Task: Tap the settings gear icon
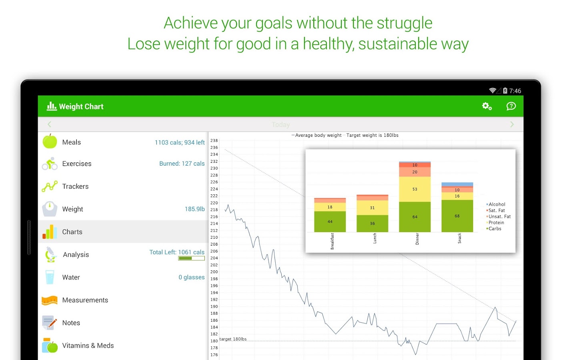(x=487, y=106)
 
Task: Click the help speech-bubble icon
(x=511, y=106)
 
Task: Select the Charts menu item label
(x=72, y=232)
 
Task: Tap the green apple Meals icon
(x=50, y=141)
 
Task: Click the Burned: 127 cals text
(x=182, y=164)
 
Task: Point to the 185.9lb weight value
(x=194, y=209)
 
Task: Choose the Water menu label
(x=71, y=277)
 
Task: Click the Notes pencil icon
(x=50, y=323)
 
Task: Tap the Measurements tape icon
(x=50, y=300)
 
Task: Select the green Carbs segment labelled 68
(x=457, y=216)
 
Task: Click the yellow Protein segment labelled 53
(x=415, y=189)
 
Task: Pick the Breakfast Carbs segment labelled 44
(x=330, y=221)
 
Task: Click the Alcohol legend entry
(x=496, y=204)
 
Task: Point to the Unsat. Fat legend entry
(x=499, y=216)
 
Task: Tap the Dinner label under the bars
(x=417, y=239)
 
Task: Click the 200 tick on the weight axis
(x=214, y=272)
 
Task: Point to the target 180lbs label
(x=233, y=339)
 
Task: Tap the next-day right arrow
(x=512, y=124)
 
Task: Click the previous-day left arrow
(x=50, y=124)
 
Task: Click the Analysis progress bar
(x=191, y=258)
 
